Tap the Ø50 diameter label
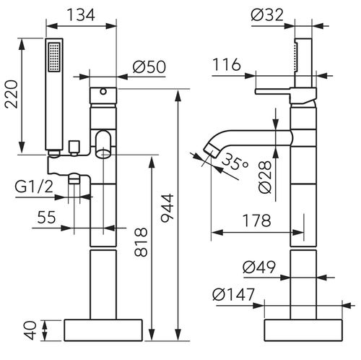click(x=150, y=67)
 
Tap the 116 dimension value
click(x=228, y=67)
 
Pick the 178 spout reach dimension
click(x=253, y=220)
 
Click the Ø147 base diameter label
click(x=232, y=294)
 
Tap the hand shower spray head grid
click(x=53, y=56)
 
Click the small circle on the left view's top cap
click(x=103, y=92)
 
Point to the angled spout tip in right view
click(x=212, y=150)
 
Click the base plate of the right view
click(x=303, y=330)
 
